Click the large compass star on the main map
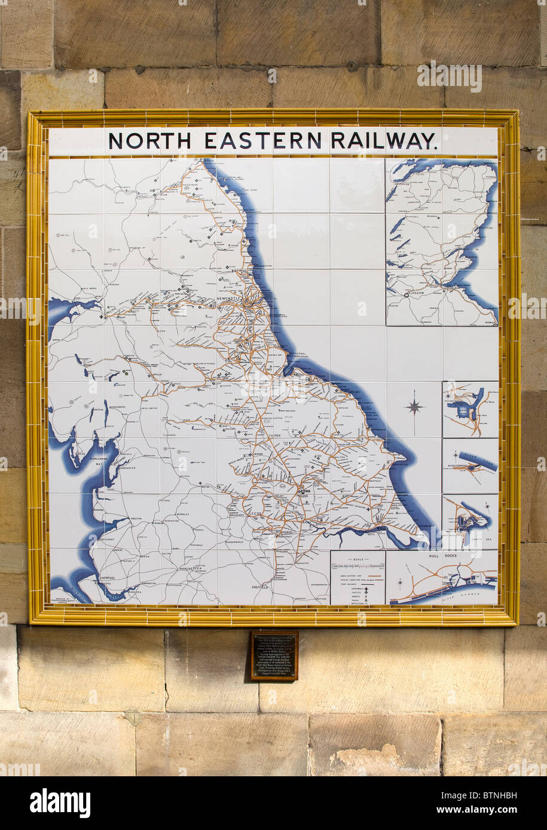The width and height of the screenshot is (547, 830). coord(414,408)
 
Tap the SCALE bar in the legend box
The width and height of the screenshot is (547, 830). coord(357,564)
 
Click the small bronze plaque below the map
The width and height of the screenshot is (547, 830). coord(274,656)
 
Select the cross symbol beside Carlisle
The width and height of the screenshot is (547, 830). coord(102,316)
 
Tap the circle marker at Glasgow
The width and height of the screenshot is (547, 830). coord(407,294)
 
